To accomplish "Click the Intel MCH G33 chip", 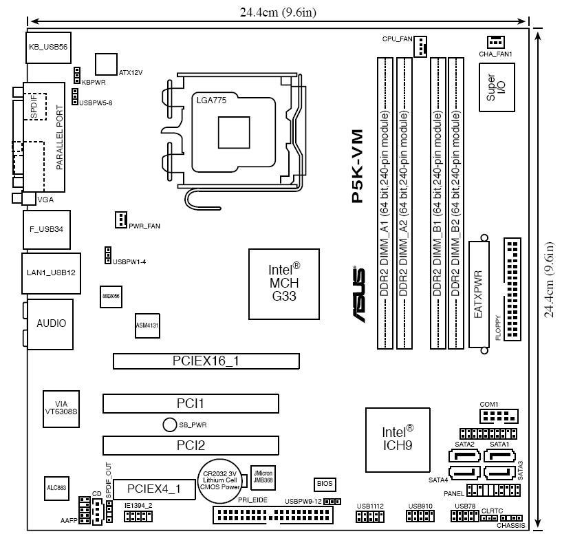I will point(284,284).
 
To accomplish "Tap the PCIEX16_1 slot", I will point(206,361).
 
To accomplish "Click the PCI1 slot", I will point(191,403).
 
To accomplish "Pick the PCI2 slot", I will point(191,445).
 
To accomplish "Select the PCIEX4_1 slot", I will point(154,489).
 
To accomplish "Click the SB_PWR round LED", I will point(170,425).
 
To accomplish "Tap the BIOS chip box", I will point(324,484).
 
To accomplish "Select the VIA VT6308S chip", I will point(61,405).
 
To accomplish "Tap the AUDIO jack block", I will point(51,323).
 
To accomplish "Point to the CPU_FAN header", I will point(421,46).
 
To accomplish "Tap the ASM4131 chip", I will point(147,326).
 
